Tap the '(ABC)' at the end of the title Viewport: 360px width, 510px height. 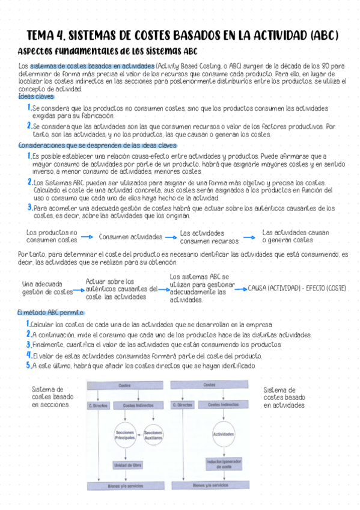click(322, 35)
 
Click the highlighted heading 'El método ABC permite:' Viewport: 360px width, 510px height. click(50, 313)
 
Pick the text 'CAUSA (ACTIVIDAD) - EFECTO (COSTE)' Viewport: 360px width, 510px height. click(297, 288)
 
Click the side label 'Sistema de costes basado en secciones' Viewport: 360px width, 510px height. click(53, 397)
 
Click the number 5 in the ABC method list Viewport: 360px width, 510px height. click(28, 365)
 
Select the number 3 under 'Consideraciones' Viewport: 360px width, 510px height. click(29, 207)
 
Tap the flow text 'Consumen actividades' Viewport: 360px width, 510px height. click(130, 237)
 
